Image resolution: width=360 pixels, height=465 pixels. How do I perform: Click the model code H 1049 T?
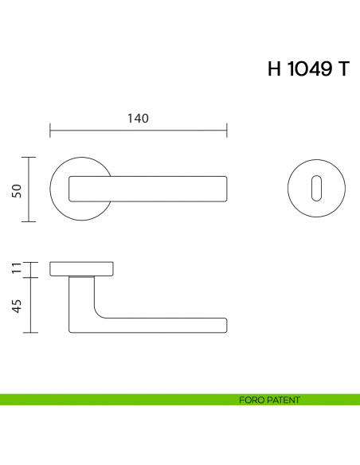point(307,69)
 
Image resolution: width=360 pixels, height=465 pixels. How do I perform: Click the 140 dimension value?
point(139,119)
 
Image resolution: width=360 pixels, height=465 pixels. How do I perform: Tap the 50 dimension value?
point(16,190)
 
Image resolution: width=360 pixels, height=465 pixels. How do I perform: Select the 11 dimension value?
point(16,268)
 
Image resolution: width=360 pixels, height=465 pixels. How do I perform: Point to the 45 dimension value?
point(16,305)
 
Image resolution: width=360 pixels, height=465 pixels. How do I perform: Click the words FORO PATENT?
point(269,400)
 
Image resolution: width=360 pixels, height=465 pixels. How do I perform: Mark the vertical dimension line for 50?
point(30,190)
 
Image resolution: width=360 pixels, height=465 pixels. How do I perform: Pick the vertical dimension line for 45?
point(30,305)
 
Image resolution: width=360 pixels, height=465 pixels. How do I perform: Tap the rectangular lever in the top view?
point(148,189)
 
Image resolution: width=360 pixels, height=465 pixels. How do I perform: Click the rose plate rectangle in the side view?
point(83,268)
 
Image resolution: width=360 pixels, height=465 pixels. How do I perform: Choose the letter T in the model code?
point(342,69)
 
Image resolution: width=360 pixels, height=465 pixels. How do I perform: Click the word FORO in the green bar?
point(251,400)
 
